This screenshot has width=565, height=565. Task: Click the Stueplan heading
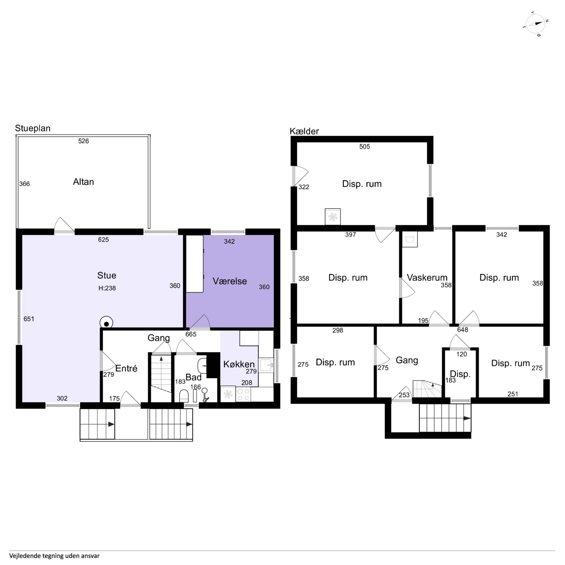tap(33, 128)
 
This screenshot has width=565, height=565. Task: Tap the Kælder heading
tap(304, 131)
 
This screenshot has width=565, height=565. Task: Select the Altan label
tap(83, 182)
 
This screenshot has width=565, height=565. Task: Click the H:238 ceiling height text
tap(107, 288)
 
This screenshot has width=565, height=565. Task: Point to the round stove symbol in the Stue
tap(106, 323)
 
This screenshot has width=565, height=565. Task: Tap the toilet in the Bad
tap(184, 396)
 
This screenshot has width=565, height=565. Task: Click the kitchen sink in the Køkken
tap(266, 365)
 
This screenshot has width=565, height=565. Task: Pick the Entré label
tap(126, 368)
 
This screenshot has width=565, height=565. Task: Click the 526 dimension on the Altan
tap(83, 141)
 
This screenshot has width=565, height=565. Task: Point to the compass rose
tap(535, 24)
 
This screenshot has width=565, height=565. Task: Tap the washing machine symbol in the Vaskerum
tap(410, 239)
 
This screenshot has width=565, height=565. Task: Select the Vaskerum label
tap(427, 278)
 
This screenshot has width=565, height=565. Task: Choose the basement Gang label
tap(407, 360)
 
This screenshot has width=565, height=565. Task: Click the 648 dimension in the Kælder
tap(463, 330)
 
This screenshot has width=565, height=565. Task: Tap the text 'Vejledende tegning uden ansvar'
tap(54, 556)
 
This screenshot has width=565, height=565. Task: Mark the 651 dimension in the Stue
tap(29, 319)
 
